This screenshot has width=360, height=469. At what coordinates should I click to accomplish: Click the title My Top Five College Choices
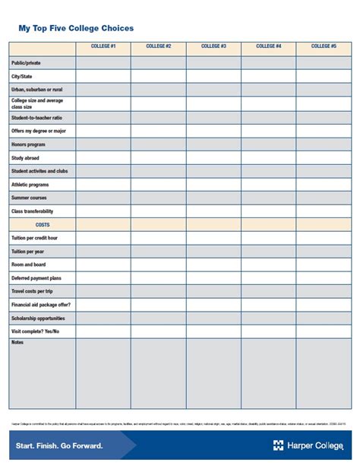tap(76, 28)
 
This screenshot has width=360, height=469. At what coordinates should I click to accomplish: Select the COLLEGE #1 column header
tap(103, 46)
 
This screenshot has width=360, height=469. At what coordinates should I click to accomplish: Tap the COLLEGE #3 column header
tap(213, 46)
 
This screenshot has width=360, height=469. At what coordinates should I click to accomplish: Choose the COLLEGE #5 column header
tap(324, 46)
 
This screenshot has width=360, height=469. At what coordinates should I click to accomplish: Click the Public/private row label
tap(26, 63)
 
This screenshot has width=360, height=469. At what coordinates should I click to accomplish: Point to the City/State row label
tap(22, 77)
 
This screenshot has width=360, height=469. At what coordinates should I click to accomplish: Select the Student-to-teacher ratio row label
tap(37, 118)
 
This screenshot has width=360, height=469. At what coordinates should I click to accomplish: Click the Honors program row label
tap(28, 144)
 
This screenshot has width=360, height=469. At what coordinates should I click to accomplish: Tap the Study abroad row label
tap(25, 158)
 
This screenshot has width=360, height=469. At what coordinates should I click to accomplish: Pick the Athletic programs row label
tap(30, 185)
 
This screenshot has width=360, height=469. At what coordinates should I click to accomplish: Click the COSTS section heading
tap(43, 225)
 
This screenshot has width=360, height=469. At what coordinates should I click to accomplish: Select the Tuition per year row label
tap(28, 252)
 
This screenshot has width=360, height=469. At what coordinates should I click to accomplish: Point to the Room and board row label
tap(28, 265)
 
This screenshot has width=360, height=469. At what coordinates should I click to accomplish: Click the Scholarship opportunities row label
tap(38, 318)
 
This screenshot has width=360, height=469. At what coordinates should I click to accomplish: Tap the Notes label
tap(17, 343)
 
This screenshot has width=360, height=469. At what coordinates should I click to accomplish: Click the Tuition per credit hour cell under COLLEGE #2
tap(158, 238)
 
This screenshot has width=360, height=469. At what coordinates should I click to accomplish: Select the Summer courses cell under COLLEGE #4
tap(269, 198)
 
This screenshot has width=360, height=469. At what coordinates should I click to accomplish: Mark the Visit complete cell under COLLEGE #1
tap(103, 331)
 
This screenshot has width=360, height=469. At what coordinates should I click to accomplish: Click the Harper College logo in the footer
tap(308, 445)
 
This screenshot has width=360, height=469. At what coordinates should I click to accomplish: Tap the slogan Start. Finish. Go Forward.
tap(57, 445)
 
